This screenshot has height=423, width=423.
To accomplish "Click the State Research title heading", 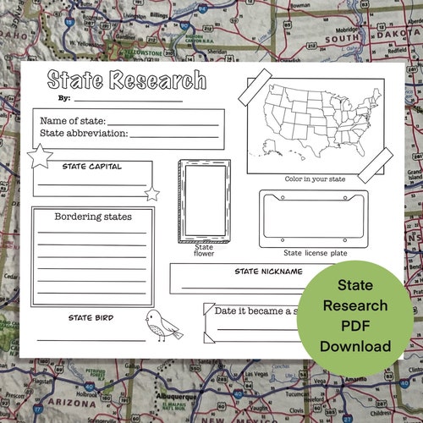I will pos(126,80).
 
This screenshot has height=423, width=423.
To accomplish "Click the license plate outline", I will pos(314,217).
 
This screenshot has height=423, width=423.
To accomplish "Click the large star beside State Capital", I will pos(40,156).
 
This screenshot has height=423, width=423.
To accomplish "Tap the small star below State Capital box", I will pos(152,194).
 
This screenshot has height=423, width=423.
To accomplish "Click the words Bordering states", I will pos(93,217).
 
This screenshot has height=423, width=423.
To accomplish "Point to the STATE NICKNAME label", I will pos(268,272).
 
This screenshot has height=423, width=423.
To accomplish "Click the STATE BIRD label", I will pos(91,318).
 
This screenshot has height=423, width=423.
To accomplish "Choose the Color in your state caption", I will pos(315,179).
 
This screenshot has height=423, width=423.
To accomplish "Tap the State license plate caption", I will pos(315,252).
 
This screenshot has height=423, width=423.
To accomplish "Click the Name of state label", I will pos(73,121).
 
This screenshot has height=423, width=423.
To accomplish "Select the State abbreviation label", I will pos(84,133).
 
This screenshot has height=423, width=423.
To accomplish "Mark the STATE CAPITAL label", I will pos(91,167).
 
